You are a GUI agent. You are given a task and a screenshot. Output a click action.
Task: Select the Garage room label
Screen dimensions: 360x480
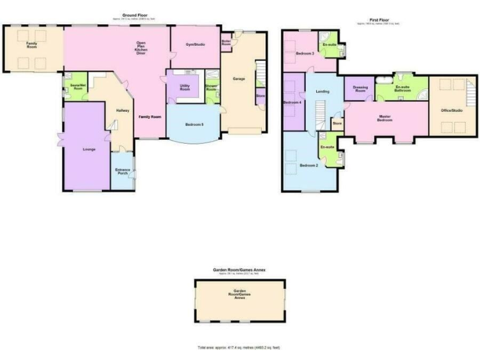click(x=238, y=79)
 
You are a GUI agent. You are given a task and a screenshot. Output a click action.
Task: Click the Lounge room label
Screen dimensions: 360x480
click(x=88, y=149)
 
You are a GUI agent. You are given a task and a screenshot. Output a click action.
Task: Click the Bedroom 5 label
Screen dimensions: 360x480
click(x=194, y=124)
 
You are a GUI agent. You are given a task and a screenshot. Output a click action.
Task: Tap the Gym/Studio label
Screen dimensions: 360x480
click(x=196, y=44)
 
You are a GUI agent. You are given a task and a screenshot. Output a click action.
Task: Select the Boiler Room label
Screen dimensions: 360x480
click(x=226, y=43)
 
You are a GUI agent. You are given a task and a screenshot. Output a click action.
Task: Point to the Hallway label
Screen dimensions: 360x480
click(x=122, y=111)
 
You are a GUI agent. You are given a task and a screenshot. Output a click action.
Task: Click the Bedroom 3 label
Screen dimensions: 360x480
click(x=304, y=54)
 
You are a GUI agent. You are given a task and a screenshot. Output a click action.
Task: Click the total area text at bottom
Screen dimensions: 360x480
click(x=240, y=347)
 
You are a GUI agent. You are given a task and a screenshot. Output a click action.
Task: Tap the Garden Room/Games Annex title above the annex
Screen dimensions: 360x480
click(x=239, y=270)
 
